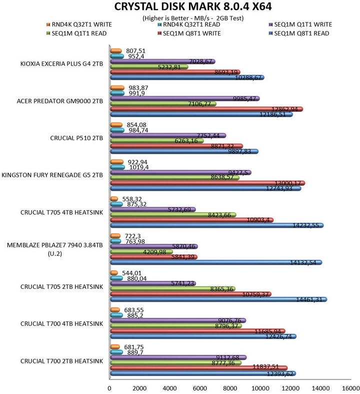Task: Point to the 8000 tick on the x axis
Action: tap(230, 387)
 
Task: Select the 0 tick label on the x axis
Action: tap(109, 387)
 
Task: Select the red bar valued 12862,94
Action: tap(205, 109)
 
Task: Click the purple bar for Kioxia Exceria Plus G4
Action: tap(162, 61)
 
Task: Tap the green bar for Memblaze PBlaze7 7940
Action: tap(141, 252)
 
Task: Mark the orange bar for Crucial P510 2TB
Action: tap(115, 124)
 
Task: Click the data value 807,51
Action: tap(135, 50)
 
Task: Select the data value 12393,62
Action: tap(278, 373)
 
